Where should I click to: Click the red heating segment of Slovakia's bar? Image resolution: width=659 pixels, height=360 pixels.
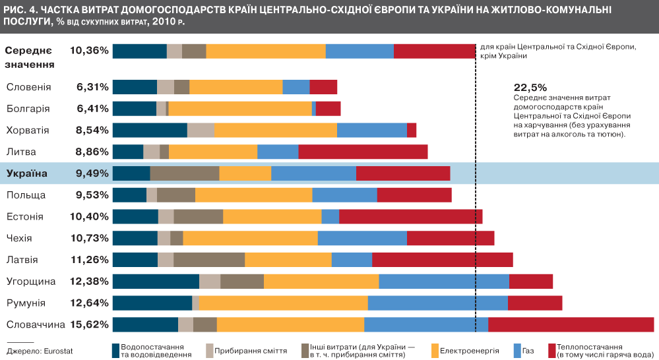[x=571, y=324]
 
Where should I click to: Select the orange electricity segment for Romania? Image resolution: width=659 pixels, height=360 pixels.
[x=283, y=303]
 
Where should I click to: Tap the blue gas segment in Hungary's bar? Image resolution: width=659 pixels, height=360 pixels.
[x=444, y=282]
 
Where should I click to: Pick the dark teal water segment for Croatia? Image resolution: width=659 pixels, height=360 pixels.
[x=150, y=130]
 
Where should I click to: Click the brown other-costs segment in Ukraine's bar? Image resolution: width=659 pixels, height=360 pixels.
[x=185, y=173]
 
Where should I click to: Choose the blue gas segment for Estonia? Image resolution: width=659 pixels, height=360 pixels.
[x=330, y=216]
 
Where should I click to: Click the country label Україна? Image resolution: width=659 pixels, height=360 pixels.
[x=27, y=173]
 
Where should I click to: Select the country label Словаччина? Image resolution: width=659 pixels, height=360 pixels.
[x=35, y=324]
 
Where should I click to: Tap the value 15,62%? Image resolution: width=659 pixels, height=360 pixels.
[x=88, y=324]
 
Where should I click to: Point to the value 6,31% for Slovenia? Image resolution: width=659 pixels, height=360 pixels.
[x=92, y=87]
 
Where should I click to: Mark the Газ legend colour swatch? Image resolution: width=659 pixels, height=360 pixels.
[x=517, y=350]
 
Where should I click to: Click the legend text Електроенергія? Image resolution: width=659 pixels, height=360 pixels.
[x=468, y=350]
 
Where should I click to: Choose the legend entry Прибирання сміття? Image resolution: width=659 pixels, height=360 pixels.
[x=250, y=350]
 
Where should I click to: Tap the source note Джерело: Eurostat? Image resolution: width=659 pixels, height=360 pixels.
[x=32, y=350]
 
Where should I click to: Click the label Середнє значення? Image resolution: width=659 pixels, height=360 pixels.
[x=30, y=57]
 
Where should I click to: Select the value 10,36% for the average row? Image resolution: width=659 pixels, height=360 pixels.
[x=88, y=50]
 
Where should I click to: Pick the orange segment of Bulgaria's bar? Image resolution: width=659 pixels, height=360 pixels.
[x=240, y=108]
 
